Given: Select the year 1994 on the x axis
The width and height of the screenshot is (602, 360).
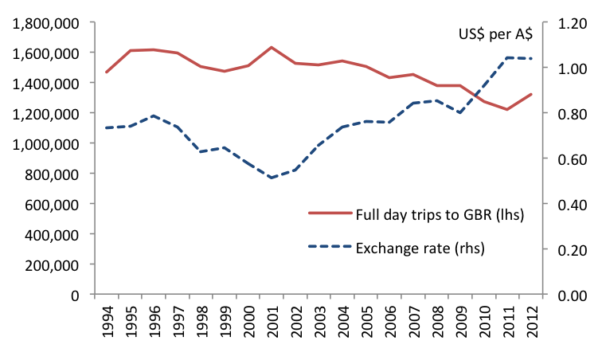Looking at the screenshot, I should point(107,320).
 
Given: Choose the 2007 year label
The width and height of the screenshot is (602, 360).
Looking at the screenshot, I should point(413,320).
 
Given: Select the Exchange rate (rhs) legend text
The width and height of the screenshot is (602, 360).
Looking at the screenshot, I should point(420,248).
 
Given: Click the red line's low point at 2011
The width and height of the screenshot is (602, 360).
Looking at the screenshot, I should point(507,109).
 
